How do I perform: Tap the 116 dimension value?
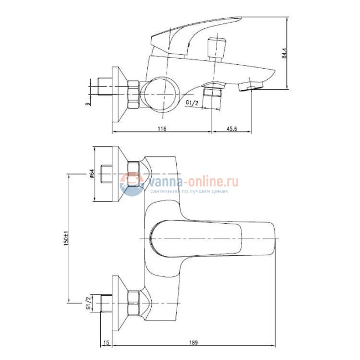coord(162,128)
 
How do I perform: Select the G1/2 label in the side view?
coord(192,103)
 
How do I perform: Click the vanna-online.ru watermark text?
coord(192,181)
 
